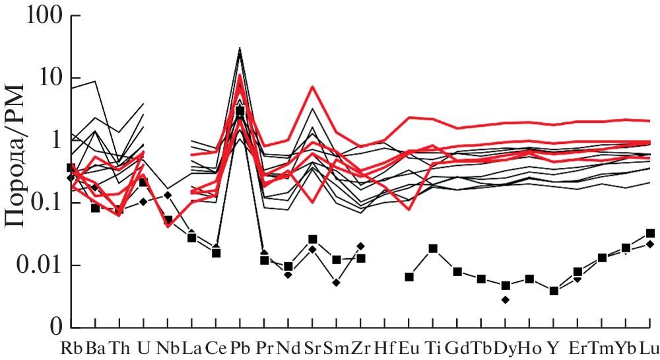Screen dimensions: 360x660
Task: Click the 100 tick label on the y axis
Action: (45, 16)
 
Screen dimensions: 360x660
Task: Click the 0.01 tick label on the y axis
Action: (40, 266)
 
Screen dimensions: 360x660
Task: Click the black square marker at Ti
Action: (434, 249)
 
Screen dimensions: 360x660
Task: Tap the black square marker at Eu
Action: (409, 277)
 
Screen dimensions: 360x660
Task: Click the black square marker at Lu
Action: (650, 233)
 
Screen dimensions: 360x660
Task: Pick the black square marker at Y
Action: (554, 291)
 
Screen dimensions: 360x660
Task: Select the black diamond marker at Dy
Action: (506, 300)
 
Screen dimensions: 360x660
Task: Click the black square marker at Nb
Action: (168, 220)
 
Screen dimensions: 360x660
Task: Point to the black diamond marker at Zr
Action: (360, 246)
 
